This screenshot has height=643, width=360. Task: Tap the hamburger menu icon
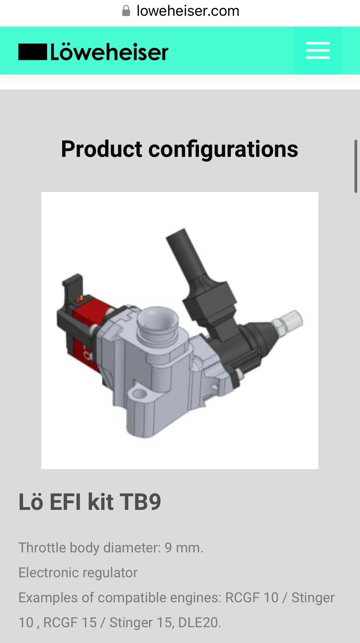tap(318, 50)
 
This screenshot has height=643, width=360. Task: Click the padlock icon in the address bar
tap(126, 11)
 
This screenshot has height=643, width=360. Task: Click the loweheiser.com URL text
tap(188, 11)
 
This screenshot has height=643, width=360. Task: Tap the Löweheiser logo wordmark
tap(109, 52)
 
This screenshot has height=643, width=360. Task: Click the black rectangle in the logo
tap(32, 52)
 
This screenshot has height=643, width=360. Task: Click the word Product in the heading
tap(102, 149)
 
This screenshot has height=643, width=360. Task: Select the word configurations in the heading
tap(223, 149)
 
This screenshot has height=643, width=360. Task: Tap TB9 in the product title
tap(140, 502)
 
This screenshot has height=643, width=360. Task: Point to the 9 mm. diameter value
tap(184, 548)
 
